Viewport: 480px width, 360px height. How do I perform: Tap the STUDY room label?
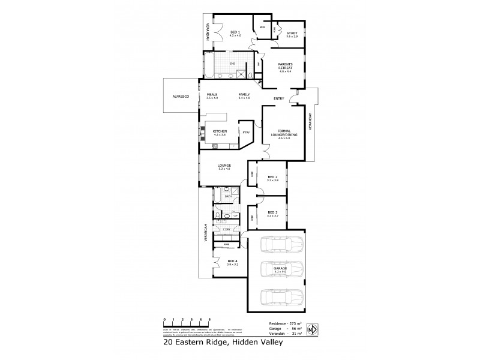pos(292,33)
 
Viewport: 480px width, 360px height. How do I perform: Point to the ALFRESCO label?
pos(181,96)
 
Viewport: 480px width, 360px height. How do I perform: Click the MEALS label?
pos(212,95)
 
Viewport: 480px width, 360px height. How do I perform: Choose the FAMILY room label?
pos(244,95)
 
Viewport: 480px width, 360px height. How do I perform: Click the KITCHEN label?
pos(220,131)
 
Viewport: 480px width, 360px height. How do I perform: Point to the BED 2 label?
pos(272,177)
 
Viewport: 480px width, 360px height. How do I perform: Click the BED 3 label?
pos(272,212)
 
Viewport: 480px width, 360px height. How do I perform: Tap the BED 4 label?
pos(233,261)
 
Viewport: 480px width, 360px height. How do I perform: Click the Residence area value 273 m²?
pos(296,323)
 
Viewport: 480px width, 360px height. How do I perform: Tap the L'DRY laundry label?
pos(226,230)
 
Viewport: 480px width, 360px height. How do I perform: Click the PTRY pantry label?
pos(245,131)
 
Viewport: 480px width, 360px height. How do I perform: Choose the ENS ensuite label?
pos(232,62)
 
